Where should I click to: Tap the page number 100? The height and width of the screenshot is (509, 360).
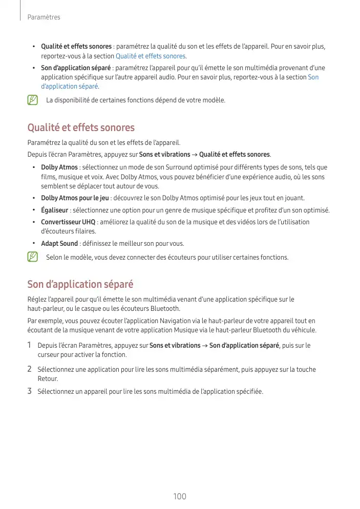[180, 496]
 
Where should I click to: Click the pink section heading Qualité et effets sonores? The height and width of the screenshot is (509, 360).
[81, 128]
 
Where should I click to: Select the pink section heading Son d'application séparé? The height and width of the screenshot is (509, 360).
[80, 284]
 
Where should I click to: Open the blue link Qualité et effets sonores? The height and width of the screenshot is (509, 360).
[151, 56]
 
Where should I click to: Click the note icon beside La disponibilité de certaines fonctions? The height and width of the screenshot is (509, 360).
[33, 100]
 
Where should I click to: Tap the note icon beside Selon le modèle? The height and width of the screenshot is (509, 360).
[33, 257]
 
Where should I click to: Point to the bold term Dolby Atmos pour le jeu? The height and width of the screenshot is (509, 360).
[75, 198]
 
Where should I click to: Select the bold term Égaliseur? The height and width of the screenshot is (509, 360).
[55, 210]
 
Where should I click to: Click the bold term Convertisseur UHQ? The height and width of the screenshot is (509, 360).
[68, 222]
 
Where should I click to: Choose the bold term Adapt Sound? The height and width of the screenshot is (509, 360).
[59, 244]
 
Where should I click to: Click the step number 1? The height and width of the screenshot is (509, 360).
[30, 346]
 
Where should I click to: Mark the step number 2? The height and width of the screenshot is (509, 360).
[30, 369]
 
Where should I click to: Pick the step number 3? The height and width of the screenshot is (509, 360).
[30, 392]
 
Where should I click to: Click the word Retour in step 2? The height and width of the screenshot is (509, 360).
[48, 379]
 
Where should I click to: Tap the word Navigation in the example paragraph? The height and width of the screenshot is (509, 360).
[190, 321]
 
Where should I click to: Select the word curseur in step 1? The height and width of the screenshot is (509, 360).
[49, 355]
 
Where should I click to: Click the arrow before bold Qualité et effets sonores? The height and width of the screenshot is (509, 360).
[195, 155]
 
